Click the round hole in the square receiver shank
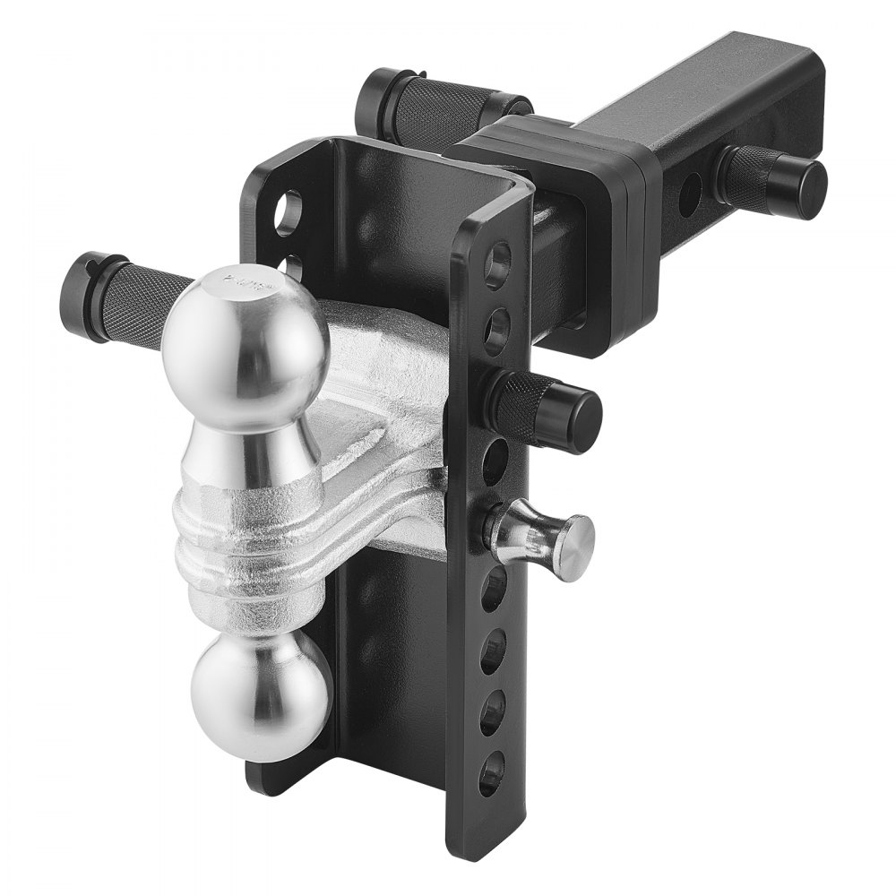click(x=690, y=192)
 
